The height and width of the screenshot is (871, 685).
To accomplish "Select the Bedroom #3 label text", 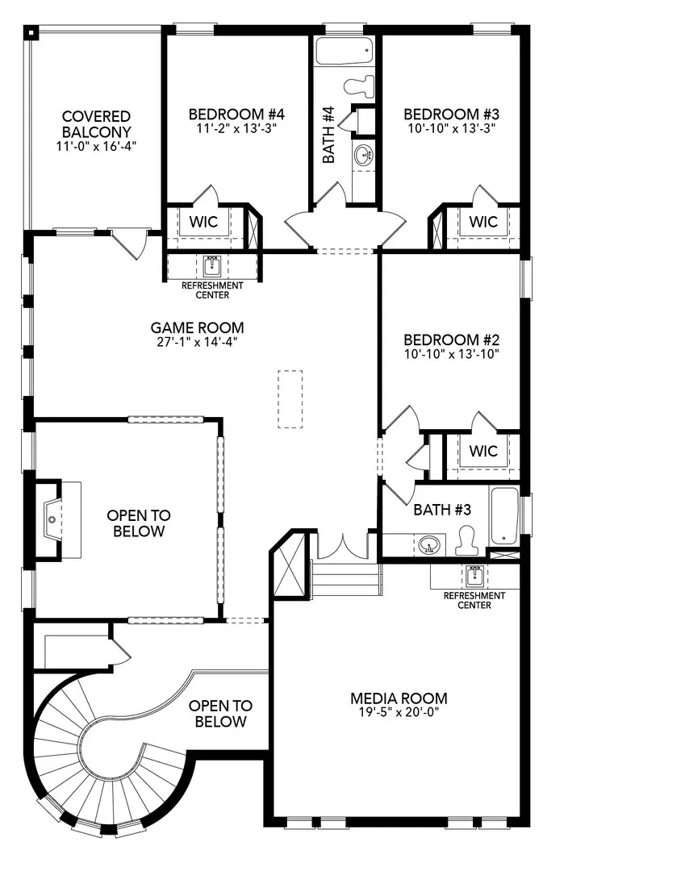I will pos(449,114).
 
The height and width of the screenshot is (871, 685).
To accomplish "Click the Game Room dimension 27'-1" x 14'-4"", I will pos(197,342).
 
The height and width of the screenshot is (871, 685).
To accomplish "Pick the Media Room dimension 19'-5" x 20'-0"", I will pos(399,714).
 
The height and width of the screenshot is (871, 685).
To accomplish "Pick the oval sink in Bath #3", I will pos(430,546).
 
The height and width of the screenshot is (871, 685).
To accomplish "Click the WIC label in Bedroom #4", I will pos(203,222).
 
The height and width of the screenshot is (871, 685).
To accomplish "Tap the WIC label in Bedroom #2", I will pos(483,452).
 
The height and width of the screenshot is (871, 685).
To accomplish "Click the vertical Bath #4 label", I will pos(328,135).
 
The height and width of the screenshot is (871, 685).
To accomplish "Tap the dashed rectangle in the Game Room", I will pos(290,398).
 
